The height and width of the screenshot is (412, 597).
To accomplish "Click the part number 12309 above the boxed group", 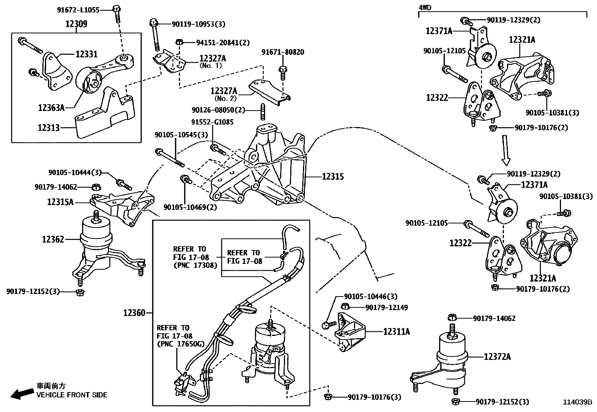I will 76,24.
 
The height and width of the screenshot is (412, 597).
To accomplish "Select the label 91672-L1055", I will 78,10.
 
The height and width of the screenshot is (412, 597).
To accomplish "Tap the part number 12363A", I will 51,108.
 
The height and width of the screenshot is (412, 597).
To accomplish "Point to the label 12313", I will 48,128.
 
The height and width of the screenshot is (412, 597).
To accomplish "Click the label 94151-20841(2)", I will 223,43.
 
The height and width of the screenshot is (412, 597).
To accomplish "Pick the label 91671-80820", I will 283,52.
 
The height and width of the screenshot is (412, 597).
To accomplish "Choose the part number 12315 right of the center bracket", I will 333,176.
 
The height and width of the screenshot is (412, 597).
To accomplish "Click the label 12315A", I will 60,202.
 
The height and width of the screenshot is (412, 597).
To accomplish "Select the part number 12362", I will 53,239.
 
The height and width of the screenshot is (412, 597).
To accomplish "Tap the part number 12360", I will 134,312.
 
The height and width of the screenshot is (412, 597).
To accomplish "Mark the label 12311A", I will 396,331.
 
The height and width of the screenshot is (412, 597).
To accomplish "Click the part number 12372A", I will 497,357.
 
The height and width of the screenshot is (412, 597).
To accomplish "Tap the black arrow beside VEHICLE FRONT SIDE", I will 21,394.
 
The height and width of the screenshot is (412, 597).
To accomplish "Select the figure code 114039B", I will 577,402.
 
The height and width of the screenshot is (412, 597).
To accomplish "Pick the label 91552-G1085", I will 212,122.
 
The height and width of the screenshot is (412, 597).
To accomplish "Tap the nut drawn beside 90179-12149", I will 346,307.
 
